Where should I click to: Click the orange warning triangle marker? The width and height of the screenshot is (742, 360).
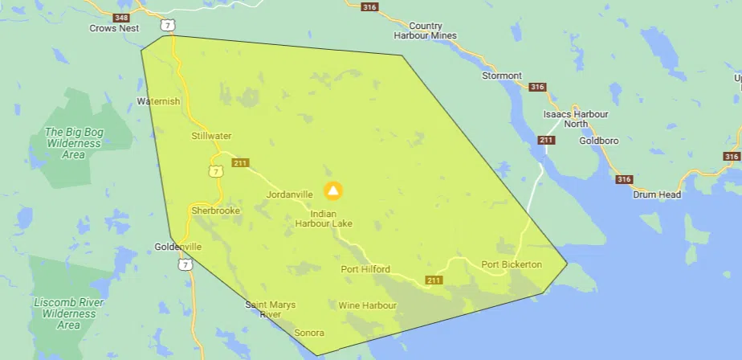(333, 190)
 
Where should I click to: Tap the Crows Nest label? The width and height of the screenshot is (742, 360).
(113, 28)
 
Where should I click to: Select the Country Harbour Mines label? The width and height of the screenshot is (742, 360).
(425, 31)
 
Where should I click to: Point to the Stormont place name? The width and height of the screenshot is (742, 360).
(501, 76)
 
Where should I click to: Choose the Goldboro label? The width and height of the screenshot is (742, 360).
(598, 141)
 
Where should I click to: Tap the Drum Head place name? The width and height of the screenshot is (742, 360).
(657, 194)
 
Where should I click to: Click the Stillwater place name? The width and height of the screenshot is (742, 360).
(211, 136)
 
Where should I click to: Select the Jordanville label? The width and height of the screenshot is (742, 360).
(289, 194)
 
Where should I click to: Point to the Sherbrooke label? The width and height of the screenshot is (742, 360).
(216, 211)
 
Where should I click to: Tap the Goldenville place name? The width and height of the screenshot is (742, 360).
(179, 247)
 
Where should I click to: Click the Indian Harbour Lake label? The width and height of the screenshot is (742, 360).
(324, 218)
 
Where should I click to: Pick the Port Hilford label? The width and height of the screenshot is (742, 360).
(365, 269)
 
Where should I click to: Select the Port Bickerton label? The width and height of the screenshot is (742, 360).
(512, 264)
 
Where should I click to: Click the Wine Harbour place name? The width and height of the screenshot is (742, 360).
(368, 305)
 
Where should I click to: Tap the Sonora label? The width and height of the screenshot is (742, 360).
(309, 333)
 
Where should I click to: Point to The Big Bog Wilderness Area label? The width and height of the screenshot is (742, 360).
(73, 143)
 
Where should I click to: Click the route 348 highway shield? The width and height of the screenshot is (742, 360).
(121, 17)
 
